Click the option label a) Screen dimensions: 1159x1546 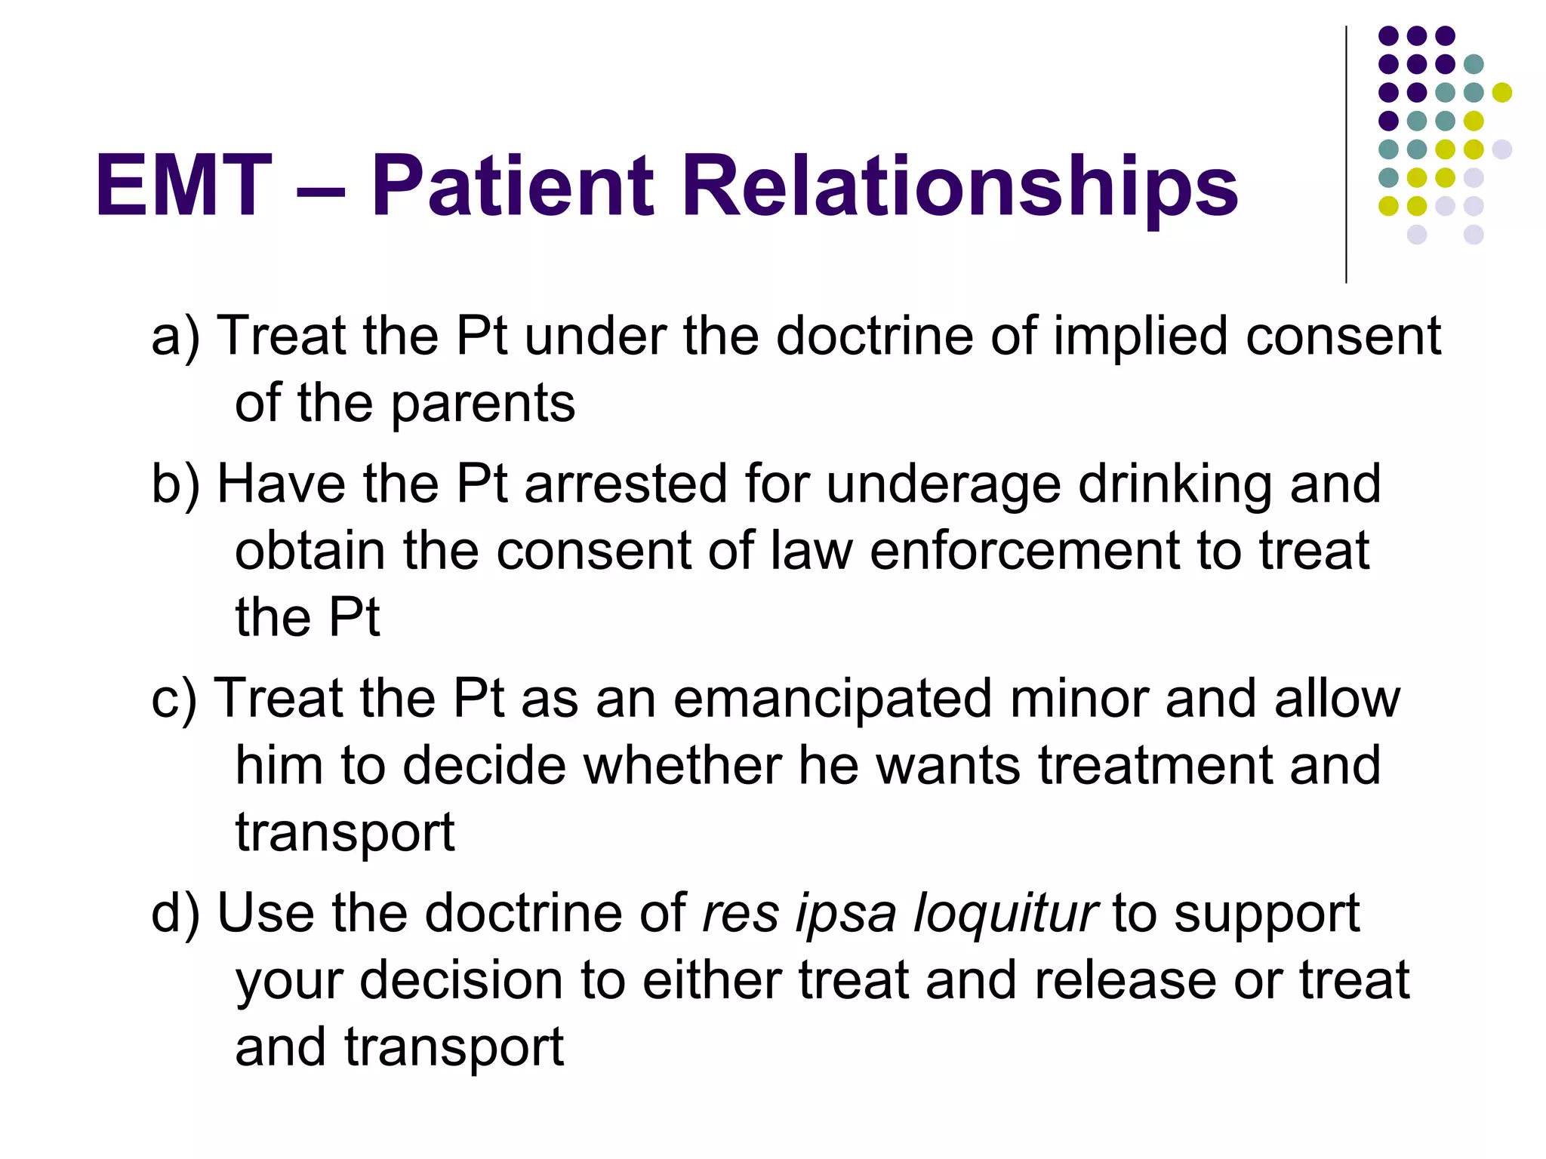175,337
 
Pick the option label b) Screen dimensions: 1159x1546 175,484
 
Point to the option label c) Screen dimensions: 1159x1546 174,699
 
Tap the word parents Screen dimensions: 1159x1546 483,404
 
